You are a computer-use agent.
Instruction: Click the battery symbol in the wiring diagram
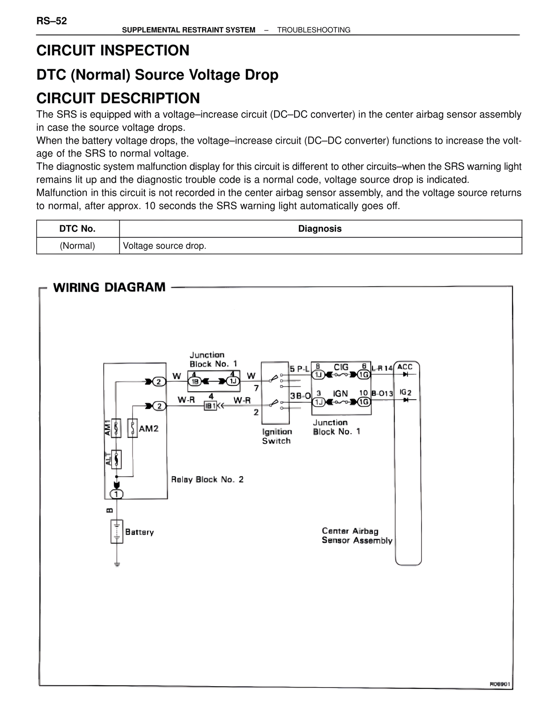click(x=116, y=532)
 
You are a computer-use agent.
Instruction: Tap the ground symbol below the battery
click(x=117, y=565)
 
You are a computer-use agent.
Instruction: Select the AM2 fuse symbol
click(x=133, y=428)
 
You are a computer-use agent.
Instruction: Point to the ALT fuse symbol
click(x=116, y=459)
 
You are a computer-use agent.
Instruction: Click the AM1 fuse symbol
click(x=116, y=428)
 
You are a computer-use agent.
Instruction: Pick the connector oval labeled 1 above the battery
click(x=116, y=494)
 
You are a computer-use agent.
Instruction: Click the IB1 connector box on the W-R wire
click(x=211, y=406)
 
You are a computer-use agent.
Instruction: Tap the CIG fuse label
click(x=341, y=367)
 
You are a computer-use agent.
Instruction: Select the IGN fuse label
click(x=340, y=394)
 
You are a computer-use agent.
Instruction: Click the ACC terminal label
click(x=405, y=367)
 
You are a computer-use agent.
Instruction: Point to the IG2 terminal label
click(x=405, y=393)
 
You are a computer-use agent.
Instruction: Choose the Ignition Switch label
click(x=277, y=436)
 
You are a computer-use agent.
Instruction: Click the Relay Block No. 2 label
click(x=207, y=480)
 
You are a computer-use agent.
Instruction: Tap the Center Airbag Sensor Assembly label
click(x=357, y=536)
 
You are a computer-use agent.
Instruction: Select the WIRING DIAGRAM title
click(x=109, y=287)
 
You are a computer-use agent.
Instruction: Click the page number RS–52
click(x=51, y=21)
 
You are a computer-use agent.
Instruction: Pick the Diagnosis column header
click(x=320, y=229)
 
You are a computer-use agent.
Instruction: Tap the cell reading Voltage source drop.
click(x=165, y=246)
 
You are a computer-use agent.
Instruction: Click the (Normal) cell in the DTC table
click(x=78, y=246)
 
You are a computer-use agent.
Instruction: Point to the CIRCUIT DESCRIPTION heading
click(x=118, y=98)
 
